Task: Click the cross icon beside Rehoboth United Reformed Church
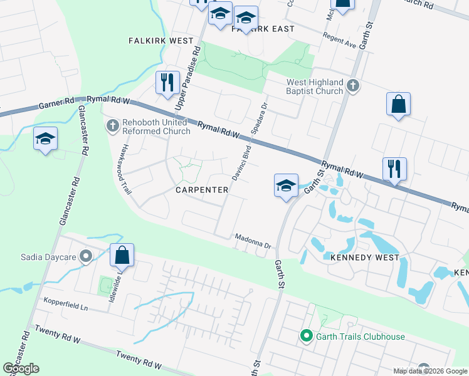[112, 127]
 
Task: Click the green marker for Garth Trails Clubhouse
[306, 337]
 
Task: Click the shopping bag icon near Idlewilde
[122, 255]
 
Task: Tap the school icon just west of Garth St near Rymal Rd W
[285, 185]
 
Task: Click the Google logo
[21, 368]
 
